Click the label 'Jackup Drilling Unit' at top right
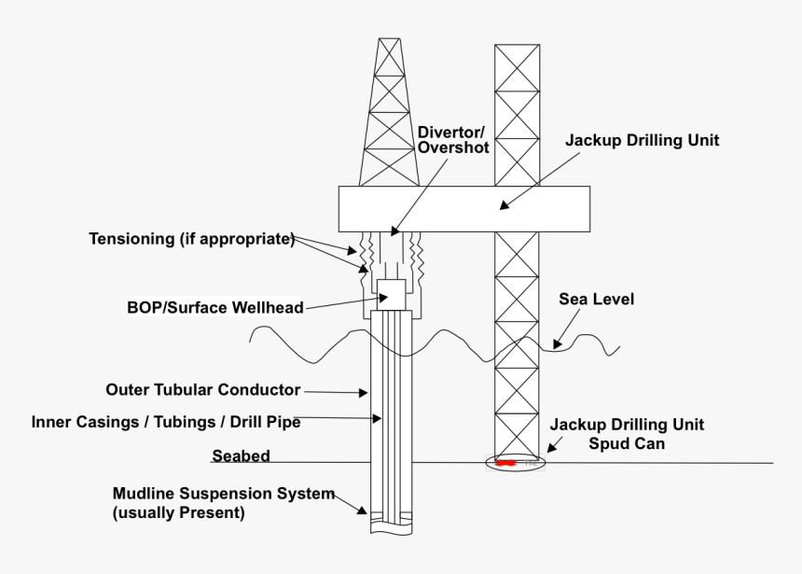click(643, 141)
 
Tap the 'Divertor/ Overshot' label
click(453, 139)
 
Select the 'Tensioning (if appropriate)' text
click(191, 239)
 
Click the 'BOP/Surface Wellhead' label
click(215, 307)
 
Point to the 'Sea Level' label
click(596, 300)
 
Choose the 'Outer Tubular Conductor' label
click(203, 389)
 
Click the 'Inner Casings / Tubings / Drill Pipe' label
click(166, 422)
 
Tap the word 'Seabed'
click(241, 456)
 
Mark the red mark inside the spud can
click(505, 462)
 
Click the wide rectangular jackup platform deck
click(463, 208)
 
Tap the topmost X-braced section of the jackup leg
click(517, 66)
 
